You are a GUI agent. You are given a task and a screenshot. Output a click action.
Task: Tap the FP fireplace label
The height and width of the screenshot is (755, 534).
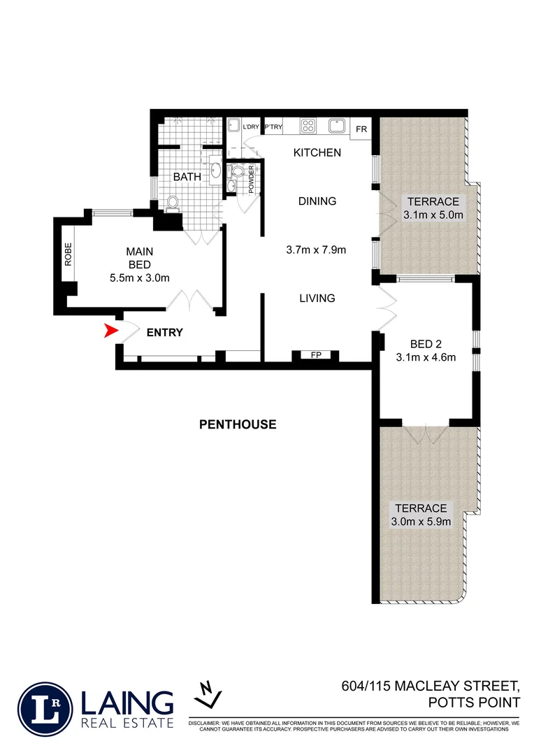[315, 356]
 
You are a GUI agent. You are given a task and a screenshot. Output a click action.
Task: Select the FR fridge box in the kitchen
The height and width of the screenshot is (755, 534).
[361, 129]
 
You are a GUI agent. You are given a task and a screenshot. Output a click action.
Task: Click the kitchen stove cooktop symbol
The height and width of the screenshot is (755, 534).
[309, 126]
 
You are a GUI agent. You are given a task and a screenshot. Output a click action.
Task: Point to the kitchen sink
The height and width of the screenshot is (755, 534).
[337, 126]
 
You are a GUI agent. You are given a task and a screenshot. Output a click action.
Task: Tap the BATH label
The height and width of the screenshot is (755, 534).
[187, 177]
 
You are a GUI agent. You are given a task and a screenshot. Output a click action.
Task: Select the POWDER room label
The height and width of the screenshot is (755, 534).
[252, 180]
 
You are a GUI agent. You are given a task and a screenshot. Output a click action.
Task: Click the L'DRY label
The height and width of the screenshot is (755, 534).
[250, 127]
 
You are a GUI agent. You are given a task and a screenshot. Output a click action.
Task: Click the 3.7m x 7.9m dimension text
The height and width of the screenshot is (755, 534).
[317, 250]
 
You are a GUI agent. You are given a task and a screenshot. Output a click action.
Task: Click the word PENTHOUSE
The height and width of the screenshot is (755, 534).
[238, 424]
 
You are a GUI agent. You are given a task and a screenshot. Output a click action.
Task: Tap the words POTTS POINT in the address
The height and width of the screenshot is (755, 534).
[476, 703]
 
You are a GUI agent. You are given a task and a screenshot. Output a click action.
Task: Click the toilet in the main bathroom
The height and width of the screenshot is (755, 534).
[172, 203]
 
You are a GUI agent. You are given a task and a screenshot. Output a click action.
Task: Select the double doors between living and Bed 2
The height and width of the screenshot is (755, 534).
[383, 308]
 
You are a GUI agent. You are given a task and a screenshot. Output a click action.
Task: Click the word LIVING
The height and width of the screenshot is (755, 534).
[317, 299]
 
